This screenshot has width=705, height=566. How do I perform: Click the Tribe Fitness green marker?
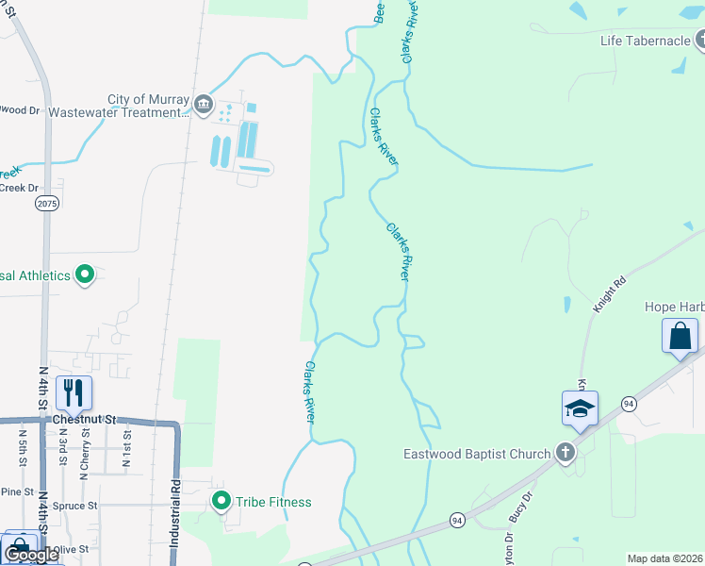221,501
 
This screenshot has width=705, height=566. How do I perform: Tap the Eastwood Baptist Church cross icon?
565,453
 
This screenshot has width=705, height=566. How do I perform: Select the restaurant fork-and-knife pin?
73,392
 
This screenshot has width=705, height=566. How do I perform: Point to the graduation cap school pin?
581,408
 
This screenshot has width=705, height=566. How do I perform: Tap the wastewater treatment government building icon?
203,103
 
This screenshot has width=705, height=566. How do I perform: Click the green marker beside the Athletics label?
85,275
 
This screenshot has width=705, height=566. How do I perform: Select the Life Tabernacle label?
646,41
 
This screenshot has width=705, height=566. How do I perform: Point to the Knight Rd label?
610,294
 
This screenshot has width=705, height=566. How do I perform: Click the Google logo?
30,555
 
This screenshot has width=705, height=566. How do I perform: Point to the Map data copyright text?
665,558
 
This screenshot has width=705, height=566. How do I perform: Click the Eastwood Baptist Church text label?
488,454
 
